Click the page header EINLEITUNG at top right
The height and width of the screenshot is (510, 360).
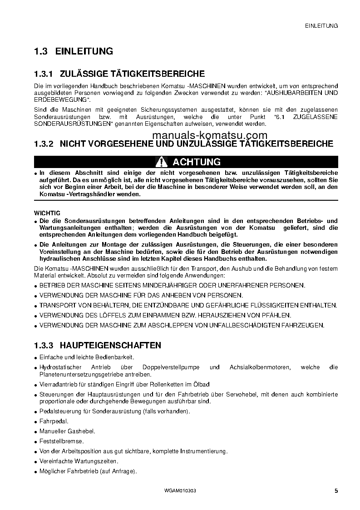[x=321, y=26]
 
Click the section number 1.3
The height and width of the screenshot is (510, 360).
[x=40, y=51]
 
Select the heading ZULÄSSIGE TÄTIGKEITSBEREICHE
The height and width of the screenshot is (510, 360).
[x=132, y=74]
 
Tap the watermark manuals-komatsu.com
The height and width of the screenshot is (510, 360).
[x=203, y=135]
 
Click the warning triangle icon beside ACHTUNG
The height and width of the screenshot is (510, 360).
[x=161, y=162]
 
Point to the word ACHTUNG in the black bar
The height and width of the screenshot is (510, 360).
[x=197, y=162]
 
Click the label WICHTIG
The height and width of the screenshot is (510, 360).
[x=47, y=213]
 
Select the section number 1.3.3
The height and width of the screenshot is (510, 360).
[x=44, y=346]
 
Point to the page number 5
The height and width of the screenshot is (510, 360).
[x=336, y=490]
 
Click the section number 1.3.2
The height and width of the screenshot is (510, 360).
[x=44, y=144]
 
